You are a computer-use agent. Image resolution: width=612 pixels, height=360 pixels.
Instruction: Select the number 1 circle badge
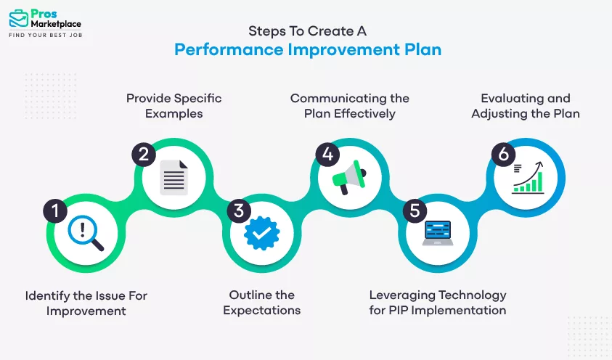pos(55,211)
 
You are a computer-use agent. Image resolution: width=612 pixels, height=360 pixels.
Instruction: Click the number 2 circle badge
pos(144,154)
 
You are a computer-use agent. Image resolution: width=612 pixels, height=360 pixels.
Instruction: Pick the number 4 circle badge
pos(327,154)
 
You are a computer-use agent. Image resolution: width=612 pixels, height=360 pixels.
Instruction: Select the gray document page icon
pos(174,177)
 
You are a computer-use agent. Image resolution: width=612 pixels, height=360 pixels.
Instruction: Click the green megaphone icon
pos(348,176)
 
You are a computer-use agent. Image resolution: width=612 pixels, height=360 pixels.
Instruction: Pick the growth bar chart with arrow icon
pos(526,176)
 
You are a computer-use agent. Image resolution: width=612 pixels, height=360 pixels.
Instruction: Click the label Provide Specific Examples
pos(174,105)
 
